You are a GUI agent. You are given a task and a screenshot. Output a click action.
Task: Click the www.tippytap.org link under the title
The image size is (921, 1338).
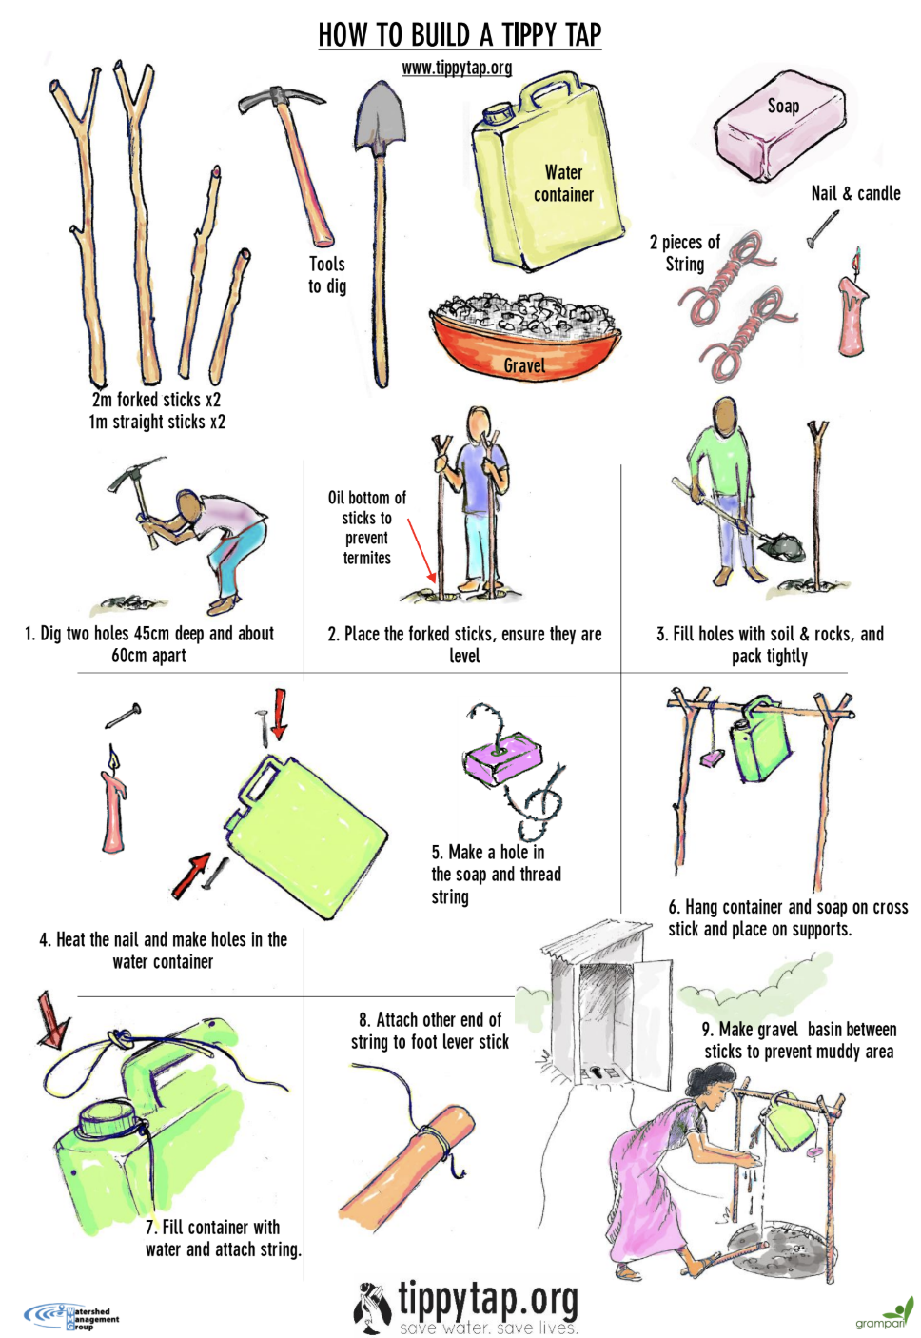coord(457,69)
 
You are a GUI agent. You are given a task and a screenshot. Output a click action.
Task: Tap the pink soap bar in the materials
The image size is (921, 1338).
coord(780,125)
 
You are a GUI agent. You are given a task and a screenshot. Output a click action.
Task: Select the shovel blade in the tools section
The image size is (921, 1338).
coord(381,119)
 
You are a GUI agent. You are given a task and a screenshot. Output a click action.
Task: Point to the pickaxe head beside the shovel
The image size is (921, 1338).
coord(281,98)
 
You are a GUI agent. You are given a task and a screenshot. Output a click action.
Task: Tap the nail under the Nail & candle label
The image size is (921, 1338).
coord(822,229)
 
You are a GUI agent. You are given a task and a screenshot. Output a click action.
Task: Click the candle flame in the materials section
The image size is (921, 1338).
coord(857,260)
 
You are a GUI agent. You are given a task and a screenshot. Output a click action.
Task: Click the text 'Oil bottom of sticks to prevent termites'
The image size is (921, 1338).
coord(366,527)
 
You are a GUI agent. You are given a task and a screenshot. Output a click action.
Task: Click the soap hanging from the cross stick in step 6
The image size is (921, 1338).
coord(712,759)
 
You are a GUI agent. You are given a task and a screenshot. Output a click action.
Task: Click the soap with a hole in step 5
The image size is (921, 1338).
coord(502,757)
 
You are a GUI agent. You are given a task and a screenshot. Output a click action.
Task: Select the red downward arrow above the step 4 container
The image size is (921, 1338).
coord(280,714)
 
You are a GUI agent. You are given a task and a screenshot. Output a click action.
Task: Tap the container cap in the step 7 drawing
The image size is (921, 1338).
coord(109,1117)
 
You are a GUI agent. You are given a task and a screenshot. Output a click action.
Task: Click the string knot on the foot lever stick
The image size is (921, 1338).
coord(433,1136)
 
